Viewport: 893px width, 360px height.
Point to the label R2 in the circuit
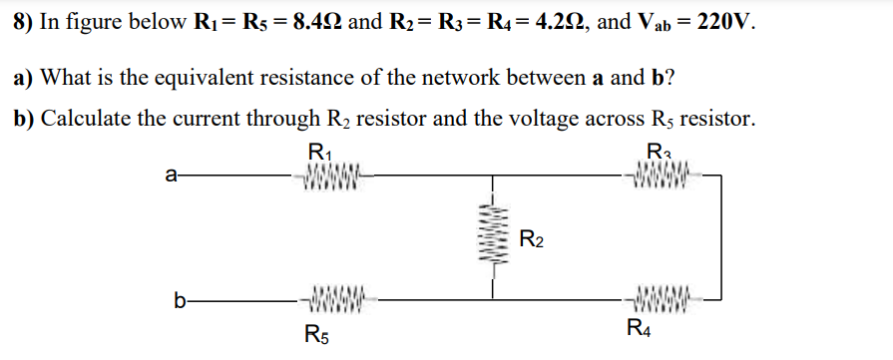point(533,239)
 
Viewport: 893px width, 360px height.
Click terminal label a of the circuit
point(171,179)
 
